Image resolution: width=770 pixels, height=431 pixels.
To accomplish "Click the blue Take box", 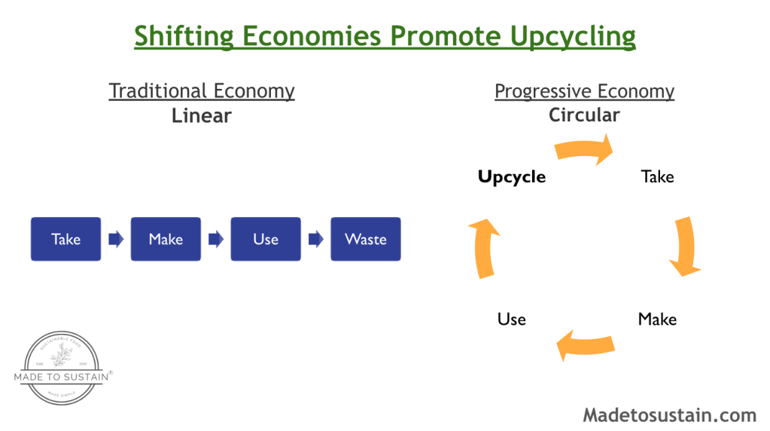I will [x=65, y=239].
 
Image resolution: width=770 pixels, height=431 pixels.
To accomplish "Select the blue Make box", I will [x=166, y=239].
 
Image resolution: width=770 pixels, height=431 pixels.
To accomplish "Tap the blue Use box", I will [x=266, y=239].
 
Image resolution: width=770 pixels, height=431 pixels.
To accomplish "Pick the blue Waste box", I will [x=366, y=239].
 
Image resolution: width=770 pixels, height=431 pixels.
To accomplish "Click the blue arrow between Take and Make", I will [x=116, y=240].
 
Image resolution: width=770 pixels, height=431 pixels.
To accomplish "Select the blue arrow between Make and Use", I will [x=216, y=240].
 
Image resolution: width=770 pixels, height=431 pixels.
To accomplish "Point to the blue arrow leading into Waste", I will [x=316, y=240].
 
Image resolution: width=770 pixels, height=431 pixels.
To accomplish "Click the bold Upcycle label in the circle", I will [x=512, y=177].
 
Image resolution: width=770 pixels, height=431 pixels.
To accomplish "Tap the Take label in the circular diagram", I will [x=657, y=177].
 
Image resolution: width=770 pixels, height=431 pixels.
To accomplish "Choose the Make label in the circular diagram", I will [x=657, y=319].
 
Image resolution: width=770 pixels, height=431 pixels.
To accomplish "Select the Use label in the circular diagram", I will [x=512, y=319].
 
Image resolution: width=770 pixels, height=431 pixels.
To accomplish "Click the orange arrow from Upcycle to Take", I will [x=584, y=149].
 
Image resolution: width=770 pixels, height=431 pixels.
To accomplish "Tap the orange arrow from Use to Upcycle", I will [x=482, y=249].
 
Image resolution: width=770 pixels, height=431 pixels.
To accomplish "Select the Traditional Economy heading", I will [x=202, y=91].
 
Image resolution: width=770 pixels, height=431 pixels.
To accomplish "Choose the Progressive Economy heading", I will [x=584, y=91].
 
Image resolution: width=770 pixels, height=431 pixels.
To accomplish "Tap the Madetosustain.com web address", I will [x=669, y=415].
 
